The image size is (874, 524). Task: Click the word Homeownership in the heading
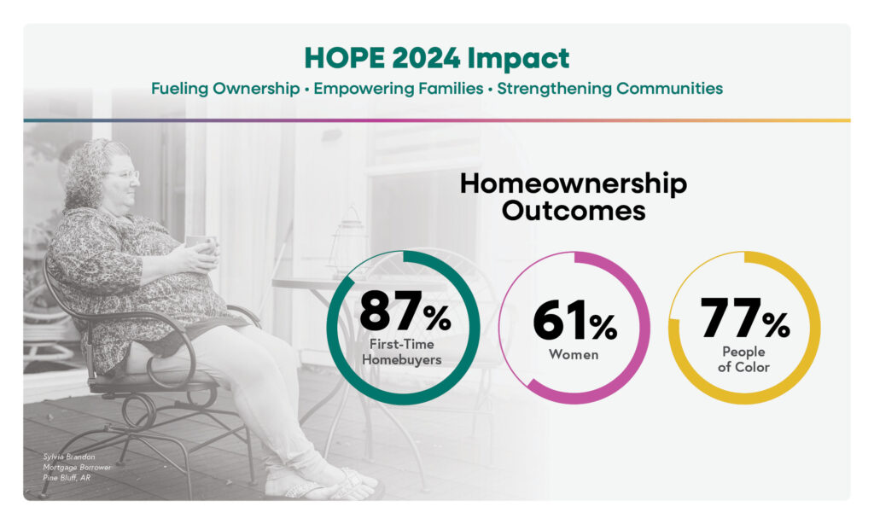click(x=573, y=184)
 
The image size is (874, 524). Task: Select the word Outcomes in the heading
click(x=573, y=210)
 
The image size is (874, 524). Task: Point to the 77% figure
click(x=745, y=320)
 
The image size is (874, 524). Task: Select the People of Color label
click(x=745, y=360)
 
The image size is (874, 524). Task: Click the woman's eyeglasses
click(x=127, y=175)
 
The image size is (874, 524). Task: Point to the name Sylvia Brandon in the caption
click(x=71, y=457)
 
